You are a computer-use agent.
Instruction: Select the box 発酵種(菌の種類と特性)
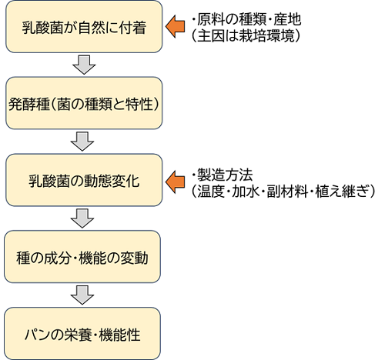pos(83,102)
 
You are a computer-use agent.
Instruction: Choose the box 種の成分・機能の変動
pos(83,257)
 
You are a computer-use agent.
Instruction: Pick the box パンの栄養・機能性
pos(83,333)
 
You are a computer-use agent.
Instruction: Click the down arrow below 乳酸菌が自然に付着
pos(82,65)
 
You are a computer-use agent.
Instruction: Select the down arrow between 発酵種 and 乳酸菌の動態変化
pos(82,141)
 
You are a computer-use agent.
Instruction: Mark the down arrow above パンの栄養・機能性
pos(82,295)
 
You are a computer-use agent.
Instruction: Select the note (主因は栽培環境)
pos(246,35)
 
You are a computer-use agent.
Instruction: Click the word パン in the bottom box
pos(38,333)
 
